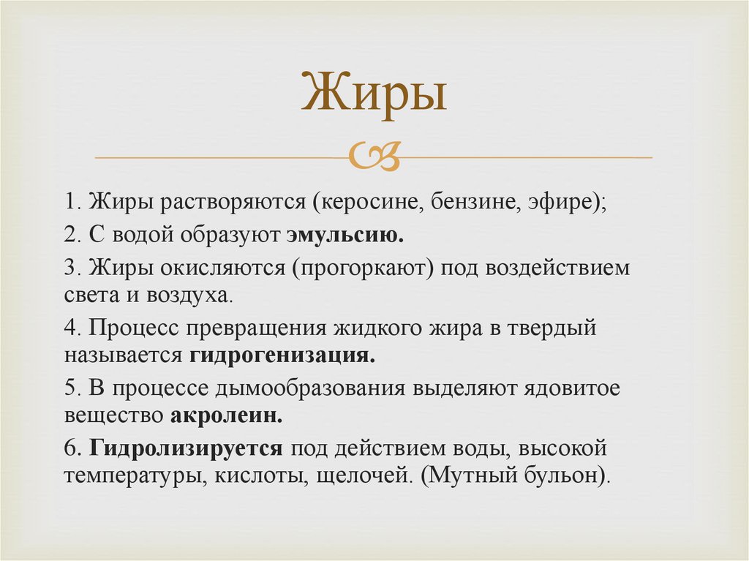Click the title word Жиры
pyautogui.click(x=374, y=94)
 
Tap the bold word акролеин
pyautogui.click(x=227, y=415)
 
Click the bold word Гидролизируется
pyautogui.click(x=187, y=448)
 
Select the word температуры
pyautogui.click(x=130, y=476)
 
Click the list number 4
pyautogui.click(x=69, y=328)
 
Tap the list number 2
pyautogui.click(x=69, y=236)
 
